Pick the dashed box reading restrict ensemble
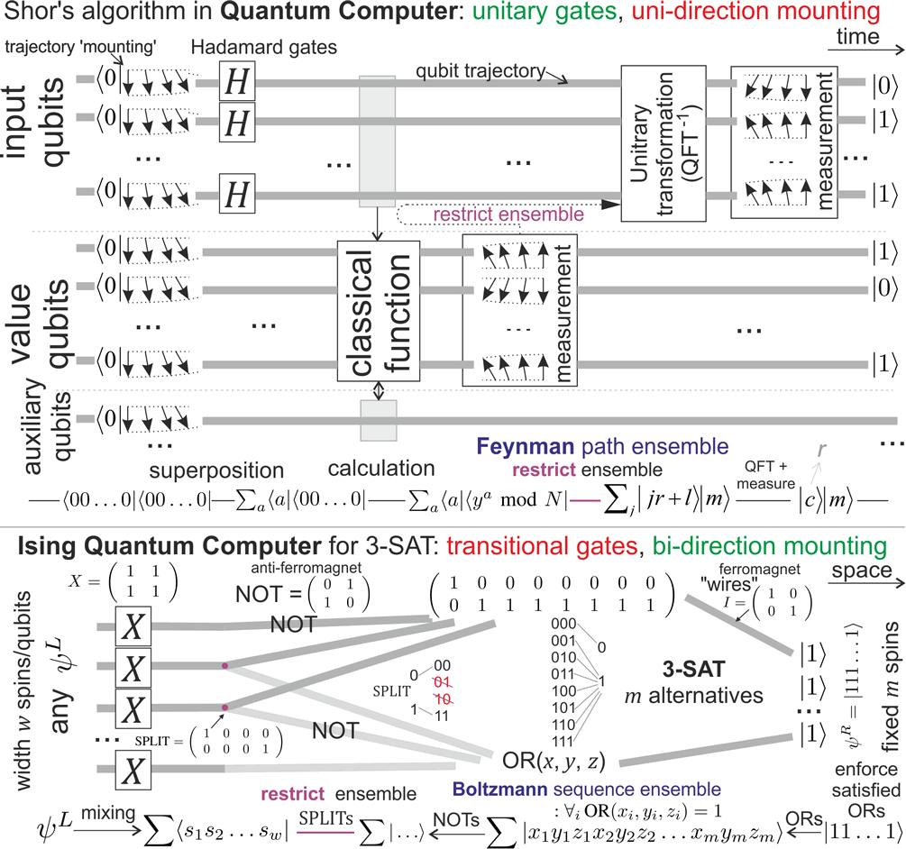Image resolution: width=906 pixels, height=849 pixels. tap(469, 215)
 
